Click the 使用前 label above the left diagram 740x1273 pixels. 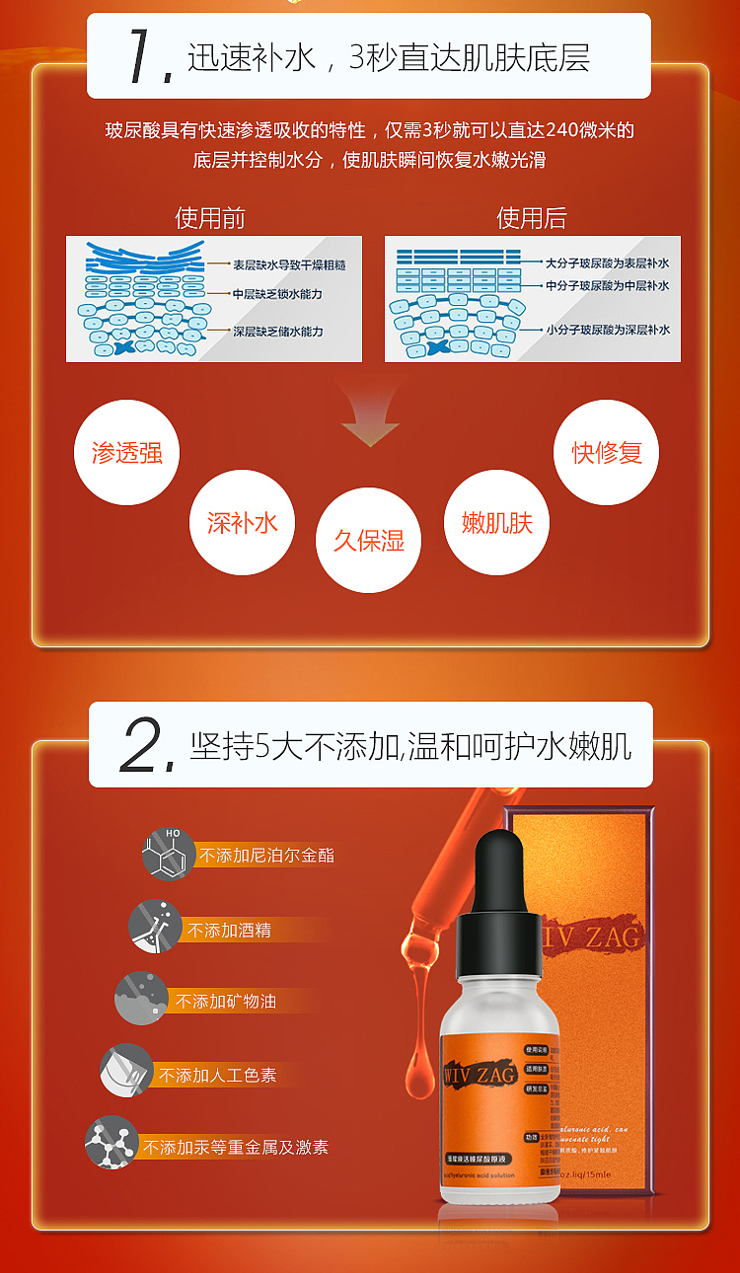[210, 217]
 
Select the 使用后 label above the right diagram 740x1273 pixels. [532, 217]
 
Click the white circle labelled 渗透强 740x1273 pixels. [127, 452]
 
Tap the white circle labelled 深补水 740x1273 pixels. [242, 522]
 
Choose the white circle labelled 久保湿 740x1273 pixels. [368, 540]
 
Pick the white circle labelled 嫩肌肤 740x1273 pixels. [496, 522]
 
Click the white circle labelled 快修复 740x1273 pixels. [606, 452]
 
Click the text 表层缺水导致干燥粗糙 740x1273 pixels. [289, 264]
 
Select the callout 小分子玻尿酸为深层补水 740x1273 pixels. [608, 329]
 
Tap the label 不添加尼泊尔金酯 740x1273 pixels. [266, 855]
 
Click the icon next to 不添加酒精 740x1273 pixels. [154, 926]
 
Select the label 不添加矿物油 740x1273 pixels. [226, 1001]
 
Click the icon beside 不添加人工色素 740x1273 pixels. [125, 1070]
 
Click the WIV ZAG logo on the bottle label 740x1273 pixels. [480, 1075]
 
